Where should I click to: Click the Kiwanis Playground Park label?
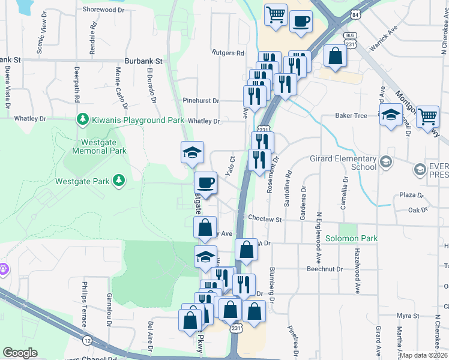point(137,120)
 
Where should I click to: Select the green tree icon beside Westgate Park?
point(119,180)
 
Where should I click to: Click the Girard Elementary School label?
point(351,163)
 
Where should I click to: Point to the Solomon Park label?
point(351,238)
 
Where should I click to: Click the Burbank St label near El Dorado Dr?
point(143,61)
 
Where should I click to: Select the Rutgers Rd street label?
point(228,53)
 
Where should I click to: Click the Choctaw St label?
point(265,220)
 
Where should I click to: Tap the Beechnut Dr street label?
point(324,269)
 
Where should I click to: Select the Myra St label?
point(407,315)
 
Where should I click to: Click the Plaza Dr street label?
point(412,196)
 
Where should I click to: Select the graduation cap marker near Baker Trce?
point(391,114)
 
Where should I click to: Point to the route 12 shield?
point(88,340)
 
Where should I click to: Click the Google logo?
point(20,353)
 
